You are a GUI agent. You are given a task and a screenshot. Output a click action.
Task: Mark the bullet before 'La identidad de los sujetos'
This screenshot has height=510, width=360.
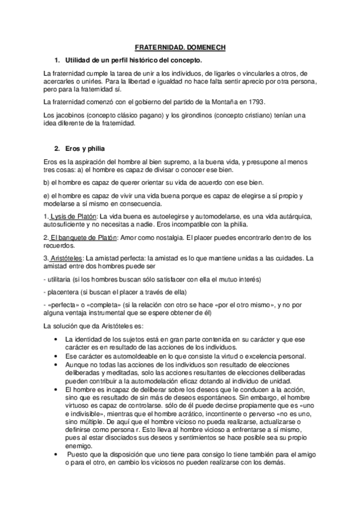click(x=56, y=340)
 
